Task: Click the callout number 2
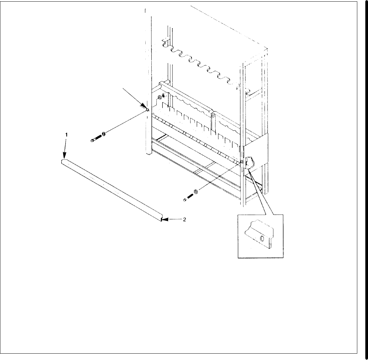tap(184, 220)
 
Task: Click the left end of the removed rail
tap(64, 162)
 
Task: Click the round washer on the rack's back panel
tap(159, 98)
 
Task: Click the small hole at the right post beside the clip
tap(241, 162)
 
